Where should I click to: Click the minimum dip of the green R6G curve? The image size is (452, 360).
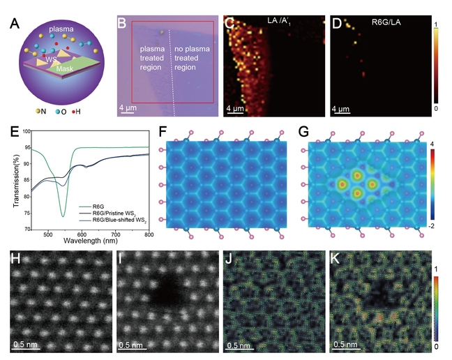pos(63,216)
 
